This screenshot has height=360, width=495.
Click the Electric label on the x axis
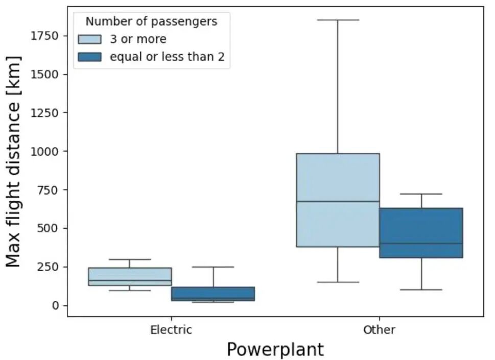171,330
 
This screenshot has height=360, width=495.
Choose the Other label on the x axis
379,330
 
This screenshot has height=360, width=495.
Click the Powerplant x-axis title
275,350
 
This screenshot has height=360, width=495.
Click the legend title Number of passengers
151,21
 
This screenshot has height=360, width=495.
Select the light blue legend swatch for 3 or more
90,39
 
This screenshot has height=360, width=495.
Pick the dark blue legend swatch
90,57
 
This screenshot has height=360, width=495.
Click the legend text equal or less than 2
167,57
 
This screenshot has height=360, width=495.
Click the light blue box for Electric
129,276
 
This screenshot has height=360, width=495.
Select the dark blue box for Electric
213,294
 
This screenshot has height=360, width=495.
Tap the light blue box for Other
338,225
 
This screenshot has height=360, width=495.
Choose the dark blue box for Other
421,233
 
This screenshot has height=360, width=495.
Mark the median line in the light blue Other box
338,201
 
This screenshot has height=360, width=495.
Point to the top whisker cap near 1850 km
338,20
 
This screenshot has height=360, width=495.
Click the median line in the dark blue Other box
421,243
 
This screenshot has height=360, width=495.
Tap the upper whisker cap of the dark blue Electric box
213,267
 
